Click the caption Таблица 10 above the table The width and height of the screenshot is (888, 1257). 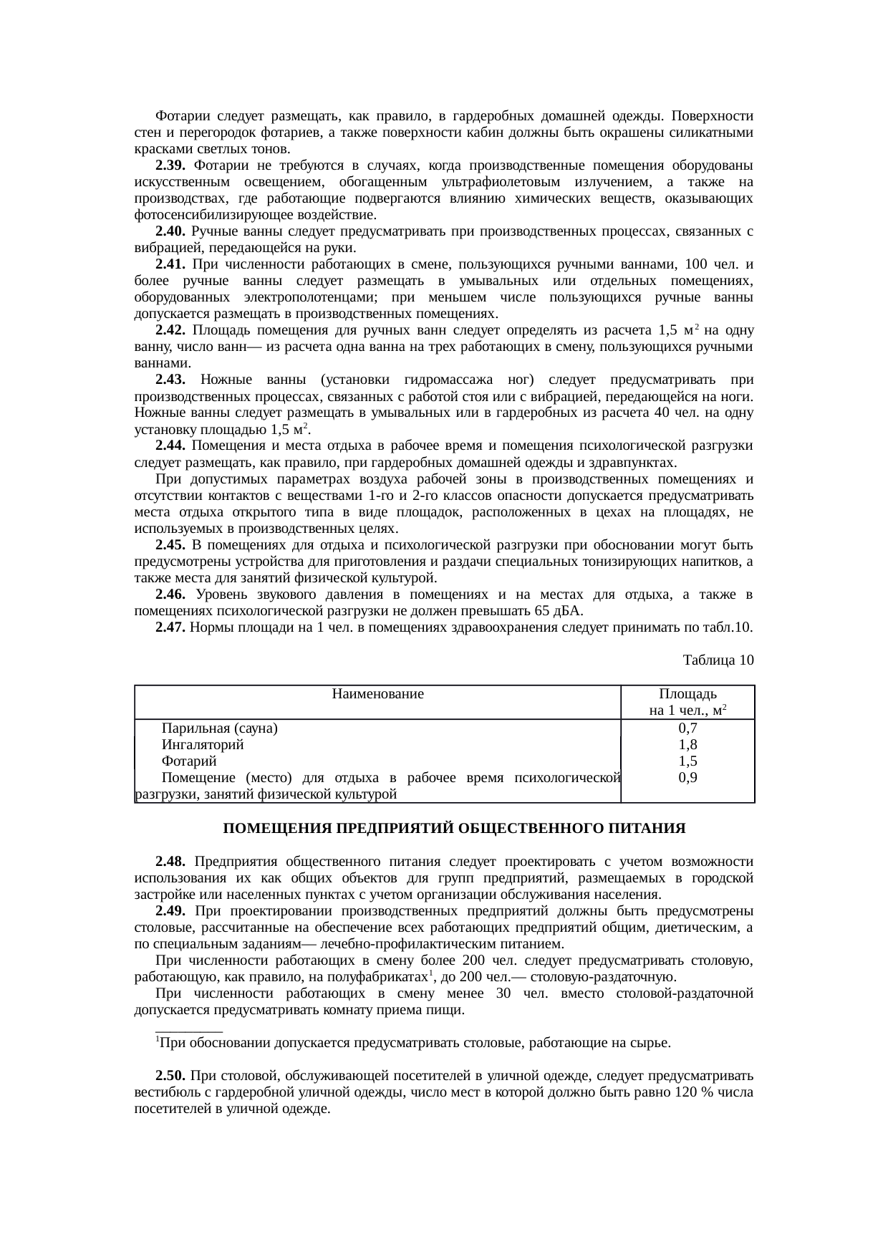[x=718, y=659]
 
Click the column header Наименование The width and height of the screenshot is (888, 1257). [x=377, y=694]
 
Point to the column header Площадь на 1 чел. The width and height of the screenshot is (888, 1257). [x=687, y=703]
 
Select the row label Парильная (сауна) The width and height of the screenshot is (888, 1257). [x=220, y=728]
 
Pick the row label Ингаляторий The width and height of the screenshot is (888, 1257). [x=203, y=745]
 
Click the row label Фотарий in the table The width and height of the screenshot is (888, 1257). [x=189, y=761]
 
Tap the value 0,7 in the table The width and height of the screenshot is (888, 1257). [x=687, y=728]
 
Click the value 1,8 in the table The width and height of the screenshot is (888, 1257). [x=687, y=745]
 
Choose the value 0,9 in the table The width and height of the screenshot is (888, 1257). [x=687, y=778]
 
